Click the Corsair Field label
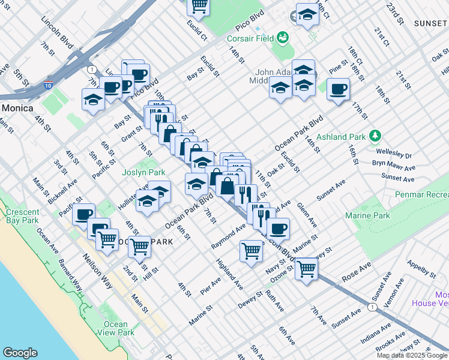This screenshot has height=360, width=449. click(249, 39)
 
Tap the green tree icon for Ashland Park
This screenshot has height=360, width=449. click(375, 135)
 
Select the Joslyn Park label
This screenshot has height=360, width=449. click(143, 172)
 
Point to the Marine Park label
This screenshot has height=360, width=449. click(367, 215)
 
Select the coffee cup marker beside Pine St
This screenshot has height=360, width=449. click(338, 90)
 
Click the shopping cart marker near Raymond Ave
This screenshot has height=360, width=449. click(251, 250)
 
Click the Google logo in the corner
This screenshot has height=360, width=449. click(19, 353)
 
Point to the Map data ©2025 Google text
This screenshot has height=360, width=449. click(412, 355)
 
